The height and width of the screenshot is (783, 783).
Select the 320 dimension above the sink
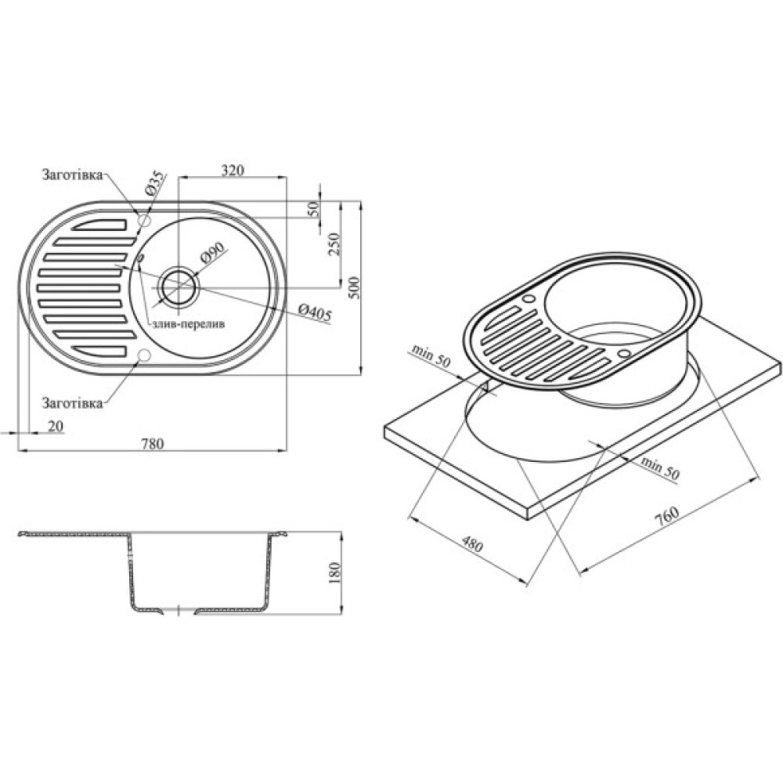(233, 170)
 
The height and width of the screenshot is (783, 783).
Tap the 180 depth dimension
(334, 574)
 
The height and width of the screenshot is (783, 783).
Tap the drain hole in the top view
(179, 286)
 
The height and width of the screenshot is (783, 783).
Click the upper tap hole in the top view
(143, 222)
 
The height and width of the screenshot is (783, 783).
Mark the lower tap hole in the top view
(143, 356)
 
